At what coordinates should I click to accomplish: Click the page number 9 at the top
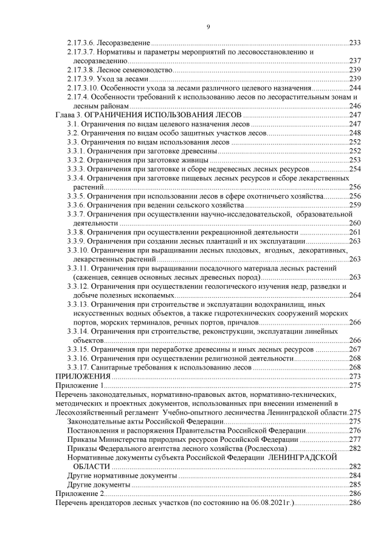(x=208, y=27)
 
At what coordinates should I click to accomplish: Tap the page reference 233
(x=356, y=43)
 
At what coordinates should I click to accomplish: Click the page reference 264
(x=356, y=295)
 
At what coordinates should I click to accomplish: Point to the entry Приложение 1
(x=80, y=385)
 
